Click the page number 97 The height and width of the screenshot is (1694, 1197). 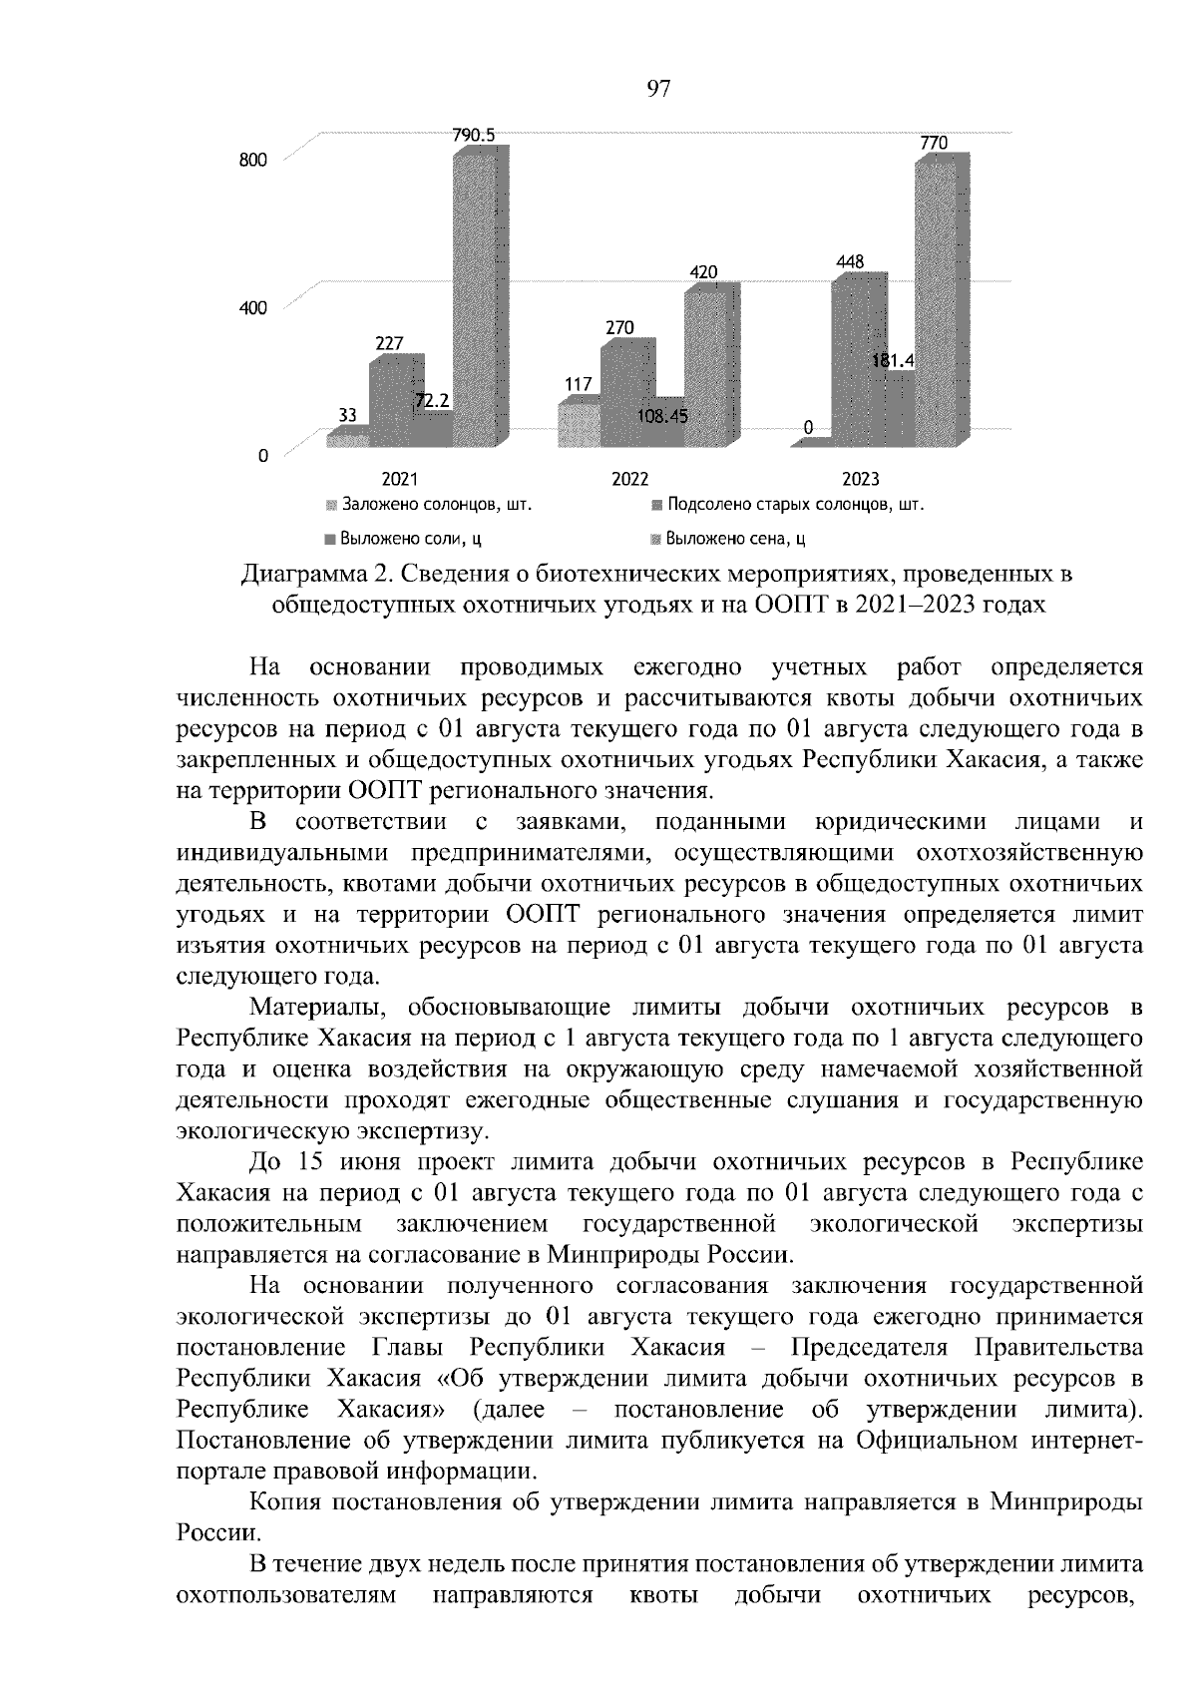tap(658, 90)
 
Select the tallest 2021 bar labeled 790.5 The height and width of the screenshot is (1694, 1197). tap(480, 299)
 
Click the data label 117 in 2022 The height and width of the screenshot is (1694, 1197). tap(578, 384)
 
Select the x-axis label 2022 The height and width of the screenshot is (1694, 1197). tap(629, 479)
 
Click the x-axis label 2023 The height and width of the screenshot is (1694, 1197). tap(860, 479)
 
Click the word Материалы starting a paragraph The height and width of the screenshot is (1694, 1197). tap(312, 1009)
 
